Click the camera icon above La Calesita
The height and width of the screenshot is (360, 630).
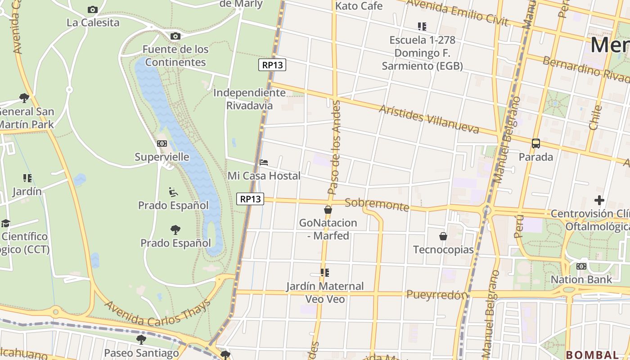[93, 9]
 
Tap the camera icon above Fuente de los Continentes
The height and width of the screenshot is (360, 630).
[175, 36]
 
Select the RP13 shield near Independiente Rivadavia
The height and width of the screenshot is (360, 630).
[273, 65]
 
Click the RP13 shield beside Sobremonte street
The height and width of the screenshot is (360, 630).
[250, 199]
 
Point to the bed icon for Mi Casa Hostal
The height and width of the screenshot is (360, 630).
[264, 162]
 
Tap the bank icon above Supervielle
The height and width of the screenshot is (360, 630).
[162, 144]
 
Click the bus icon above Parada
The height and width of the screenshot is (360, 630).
[535, 144]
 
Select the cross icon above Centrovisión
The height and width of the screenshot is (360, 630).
[599, 200]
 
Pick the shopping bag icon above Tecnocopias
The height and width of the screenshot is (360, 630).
[443, 236]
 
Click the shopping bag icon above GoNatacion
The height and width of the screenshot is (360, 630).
[328, 210]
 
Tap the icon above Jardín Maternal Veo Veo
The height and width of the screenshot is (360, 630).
[325, 273]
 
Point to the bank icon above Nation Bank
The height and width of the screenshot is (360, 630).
[581, 266]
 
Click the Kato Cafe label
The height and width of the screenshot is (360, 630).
[359, 6]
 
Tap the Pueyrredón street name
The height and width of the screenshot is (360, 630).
[437, 295]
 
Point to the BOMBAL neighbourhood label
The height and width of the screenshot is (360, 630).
[592, 355]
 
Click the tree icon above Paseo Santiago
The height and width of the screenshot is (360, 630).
[141, 339]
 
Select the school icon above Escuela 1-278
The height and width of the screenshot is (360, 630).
[422, 27]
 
